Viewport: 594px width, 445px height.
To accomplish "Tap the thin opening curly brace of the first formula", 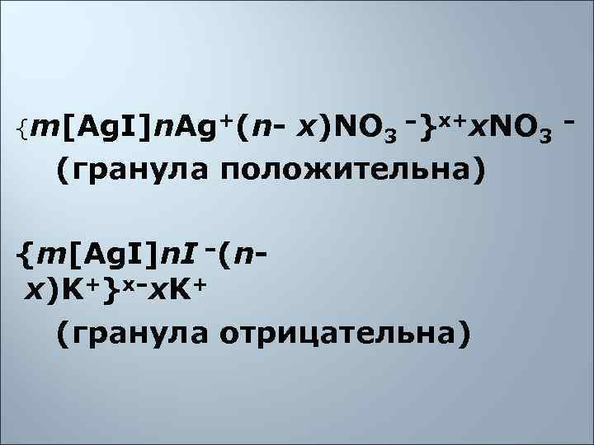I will click(x=21, y=127).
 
